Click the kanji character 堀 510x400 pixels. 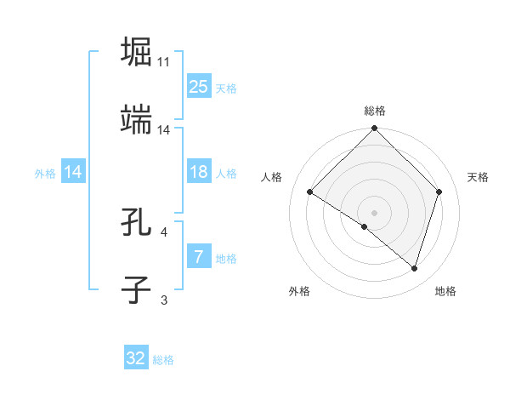pyautogui.click(x=137, y=51)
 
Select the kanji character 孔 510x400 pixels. pyautogui.click(x=137, y=222)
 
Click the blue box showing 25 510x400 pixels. pyautogui.click(x=198, y=86)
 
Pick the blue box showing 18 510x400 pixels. pyautogui.click(x=198, y=172)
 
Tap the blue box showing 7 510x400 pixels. pyautogui.click(x=198, y=257)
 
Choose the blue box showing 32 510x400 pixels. pyautogui.click(x=136, y=358)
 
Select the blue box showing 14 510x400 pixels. pyautogui.click(x=73, y=172)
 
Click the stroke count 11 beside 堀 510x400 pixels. pyautogui.click(x=163, y=61)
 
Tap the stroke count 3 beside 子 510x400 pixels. pyautogui.click(x=163, y=300)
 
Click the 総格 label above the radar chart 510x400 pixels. pyautogui.click(x=374, y=111)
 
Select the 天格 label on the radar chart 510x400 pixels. pyautogui.click(x=478, y=177)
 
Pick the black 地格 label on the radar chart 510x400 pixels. pyautogui.click(x=445, y=291)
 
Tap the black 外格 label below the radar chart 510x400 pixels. pyautogui.click(x=299, y=291)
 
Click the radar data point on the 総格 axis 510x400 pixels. pyautogui.click(x=374, y=129)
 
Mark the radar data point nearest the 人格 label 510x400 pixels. pyautogui.click(x=310, y=192)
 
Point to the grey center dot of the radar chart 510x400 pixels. pyautogui.click(x=374, y=212)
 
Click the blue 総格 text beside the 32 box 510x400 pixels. pyautogui.click(x=163, y=360)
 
